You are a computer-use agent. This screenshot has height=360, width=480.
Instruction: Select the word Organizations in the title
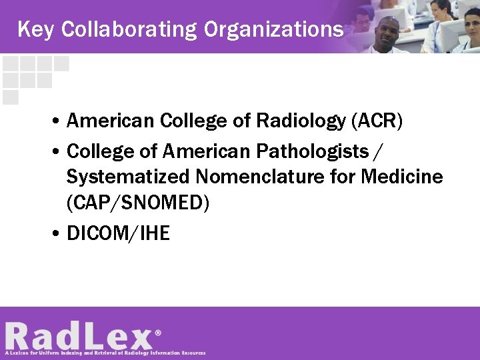tap(274, 29)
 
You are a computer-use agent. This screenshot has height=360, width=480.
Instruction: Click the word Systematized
tap(127, 177)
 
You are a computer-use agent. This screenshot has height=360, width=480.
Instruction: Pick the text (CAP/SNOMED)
tap(138, 203)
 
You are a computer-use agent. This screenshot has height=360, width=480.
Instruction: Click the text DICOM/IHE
tap(119, 233)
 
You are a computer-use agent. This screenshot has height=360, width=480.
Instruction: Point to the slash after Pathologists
tap(378, 151)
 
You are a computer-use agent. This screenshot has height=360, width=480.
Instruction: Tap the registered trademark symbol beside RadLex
tap(158, 331)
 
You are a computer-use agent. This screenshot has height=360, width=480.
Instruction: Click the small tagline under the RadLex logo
tap(105, 353)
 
